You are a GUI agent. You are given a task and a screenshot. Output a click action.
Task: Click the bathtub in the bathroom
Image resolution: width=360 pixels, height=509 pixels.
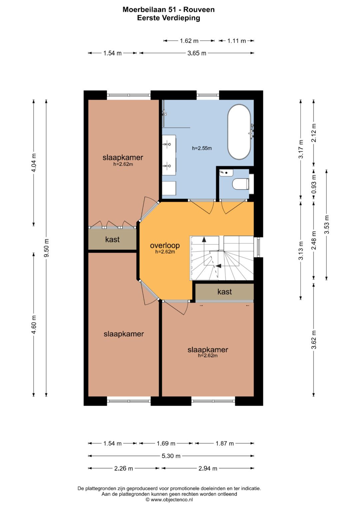pos(239,132)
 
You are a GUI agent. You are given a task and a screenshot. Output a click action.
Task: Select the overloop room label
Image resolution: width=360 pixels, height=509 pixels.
pos(165,245)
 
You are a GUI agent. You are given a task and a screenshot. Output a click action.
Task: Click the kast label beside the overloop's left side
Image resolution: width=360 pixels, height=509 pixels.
pos(112,239)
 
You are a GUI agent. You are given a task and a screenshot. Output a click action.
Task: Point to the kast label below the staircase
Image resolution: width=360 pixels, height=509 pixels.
pos(225,292)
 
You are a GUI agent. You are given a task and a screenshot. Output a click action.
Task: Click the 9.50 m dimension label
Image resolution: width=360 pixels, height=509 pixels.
pos(46,248)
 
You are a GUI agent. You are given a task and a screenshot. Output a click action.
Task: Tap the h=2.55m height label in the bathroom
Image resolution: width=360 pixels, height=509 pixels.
pos(202,148)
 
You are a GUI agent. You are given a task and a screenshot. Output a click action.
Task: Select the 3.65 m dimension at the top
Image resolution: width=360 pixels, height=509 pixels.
pos(197,53)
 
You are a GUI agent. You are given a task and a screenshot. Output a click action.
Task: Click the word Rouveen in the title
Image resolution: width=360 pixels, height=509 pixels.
pos(199,10)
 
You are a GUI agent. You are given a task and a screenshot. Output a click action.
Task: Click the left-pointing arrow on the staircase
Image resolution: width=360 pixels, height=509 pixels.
pos(219,266)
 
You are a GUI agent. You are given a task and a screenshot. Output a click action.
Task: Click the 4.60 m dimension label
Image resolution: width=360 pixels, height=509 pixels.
pos(34,325)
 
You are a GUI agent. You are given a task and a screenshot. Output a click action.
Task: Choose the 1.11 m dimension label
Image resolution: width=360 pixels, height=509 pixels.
pos(236,41)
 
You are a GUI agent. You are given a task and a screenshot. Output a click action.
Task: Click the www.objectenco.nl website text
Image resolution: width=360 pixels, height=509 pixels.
pos(172,500)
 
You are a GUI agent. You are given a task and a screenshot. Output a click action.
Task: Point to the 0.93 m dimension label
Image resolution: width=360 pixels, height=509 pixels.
pos(314,184)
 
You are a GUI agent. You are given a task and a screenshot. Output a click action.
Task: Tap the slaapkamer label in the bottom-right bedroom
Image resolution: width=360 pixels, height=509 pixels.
pos(207,349)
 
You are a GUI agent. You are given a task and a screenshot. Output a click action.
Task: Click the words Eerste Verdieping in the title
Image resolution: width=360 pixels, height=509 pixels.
pos(168,18)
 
